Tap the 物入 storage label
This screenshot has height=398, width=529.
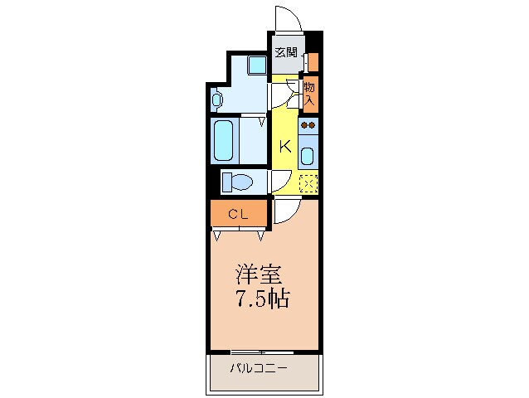point(309,92)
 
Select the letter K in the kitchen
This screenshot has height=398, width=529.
point(284,147)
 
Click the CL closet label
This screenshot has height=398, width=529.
point(239,214)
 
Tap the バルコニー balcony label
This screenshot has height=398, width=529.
point(260,367)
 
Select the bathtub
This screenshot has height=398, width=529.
point(224,141)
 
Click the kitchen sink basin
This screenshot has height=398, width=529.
point(308,154)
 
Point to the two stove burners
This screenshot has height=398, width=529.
point(308,126)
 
